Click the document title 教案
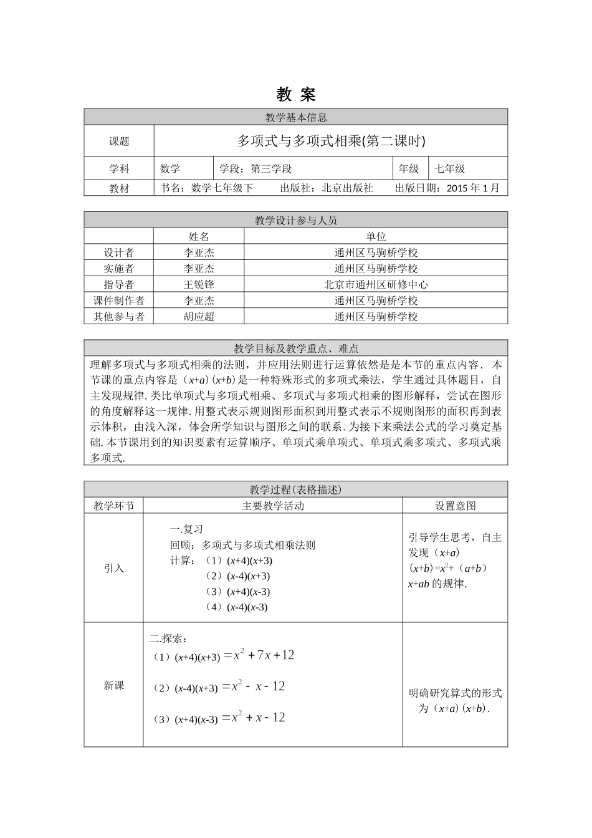click(x=296, y=95)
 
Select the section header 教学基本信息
click(x=296, y=117)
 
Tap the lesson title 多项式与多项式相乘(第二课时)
click(x=331, y=141)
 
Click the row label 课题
click(x=119, y=142)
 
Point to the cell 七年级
click(x=450, y=168)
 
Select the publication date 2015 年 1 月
click(x=473, y=188)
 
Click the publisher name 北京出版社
click(x=347, y=188)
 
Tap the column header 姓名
click(x=199, y=236)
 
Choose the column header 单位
click(x=376, y=236)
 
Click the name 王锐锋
click(x=199, y=284)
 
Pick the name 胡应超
click(x=199, y=316)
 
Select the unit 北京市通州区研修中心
click(x=376, y=284)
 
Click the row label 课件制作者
click(x=119, y=301)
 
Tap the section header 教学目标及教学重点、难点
click(x=296, y=349)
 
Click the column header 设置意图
click(x=455, y=506)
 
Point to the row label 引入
click(x=114, y=568)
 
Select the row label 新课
click(x=114, y=685)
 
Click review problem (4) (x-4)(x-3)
click(x=237, y=607)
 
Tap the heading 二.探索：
click(x=168, y=638)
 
